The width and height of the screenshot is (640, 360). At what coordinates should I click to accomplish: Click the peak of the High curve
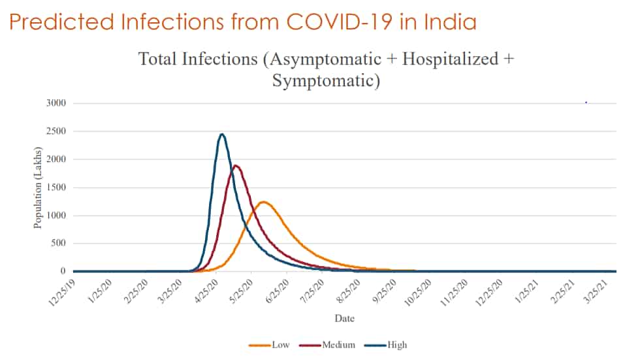(222, 135)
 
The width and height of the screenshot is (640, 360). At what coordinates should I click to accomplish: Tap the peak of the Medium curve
(236, 165)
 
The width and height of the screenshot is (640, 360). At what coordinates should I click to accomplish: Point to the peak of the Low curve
(263, 202)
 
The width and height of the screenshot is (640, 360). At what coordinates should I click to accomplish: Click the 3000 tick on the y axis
(57, 103)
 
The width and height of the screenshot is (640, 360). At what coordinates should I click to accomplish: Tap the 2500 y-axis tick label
(57, 131)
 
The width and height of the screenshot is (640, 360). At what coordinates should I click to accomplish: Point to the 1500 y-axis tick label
(57, 188)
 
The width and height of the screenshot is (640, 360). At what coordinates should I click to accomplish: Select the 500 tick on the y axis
(59, 244)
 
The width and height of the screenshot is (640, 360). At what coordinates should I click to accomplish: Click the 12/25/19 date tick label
(62, 292)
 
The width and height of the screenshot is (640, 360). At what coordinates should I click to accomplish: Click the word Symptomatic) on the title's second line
(325, 82)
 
